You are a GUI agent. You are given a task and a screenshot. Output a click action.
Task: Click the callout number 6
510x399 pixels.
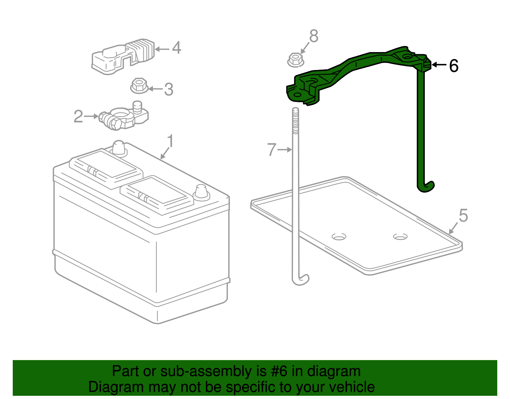(454, 66)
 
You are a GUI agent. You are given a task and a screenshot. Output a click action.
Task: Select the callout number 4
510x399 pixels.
(177, 48)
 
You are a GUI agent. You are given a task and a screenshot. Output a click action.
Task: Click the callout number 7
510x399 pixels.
(271, 150)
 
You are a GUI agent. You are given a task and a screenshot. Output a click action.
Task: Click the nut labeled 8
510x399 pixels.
(295, 60)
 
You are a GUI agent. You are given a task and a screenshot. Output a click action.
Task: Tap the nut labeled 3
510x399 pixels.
(139, 86)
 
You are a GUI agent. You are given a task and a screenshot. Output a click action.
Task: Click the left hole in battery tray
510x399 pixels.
(339, 237)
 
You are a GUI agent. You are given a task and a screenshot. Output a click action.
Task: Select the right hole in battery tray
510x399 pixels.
(400, 237)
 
